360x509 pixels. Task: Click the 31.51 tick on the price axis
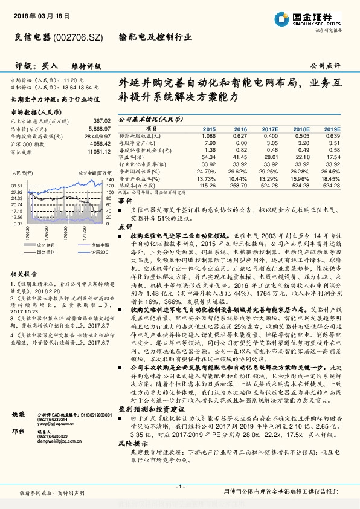click(x=16, y=186)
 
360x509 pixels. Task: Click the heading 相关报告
click(x=24, y=273)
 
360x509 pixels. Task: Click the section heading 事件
click(x=124, y=200)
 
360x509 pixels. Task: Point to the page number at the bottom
click(x=179, y=486)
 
